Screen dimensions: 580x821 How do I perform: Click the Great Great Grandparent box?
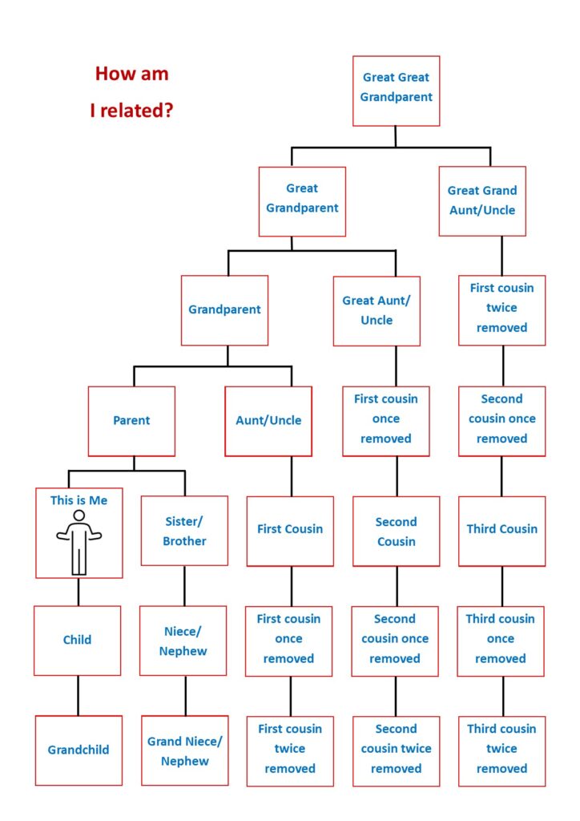(396, 91)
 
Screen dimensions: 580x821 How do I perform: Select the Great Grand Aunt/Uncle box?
(482, 201)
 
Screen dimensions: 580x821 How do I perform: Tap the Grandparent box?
(224, 310)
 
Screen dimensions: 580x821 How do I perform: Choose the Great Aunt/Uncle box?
(377, 311)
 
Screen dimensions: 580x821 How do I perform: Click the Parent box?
(131, 421)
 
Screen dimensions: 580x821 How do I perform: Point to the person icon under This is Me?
(79, 543)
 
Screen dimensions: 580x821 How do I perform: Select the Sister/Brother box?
(184, 531)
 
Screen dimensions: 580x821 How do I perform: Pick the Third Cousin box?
(501, 531)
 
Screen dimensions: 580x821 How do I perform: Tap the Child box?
(77, 641)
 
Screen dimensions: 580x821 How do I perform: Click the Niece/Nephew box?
(183, 641)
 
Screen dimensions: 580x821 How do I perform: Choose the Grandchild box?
(79, 750)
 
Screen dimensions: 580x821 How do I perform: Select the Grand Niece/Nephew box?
(184, 750)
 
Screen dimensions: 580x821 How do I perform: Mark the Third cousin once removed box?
(501, 641)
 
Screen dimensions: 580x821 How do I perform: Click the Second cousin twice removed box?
(396, 750)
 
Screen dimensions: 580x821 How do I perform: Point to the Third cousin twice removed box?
(501, 750)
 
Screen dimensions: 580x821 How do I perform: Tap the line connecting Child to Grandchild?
(79, 696)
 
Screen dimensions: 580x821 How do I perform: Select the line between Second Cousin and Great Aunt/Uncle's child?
(397, 476)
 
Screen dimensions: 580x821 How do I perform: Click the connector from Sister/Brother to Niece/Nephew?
(184, 586)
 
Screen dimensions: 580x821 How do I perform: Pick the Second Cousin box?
(396, 531)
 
